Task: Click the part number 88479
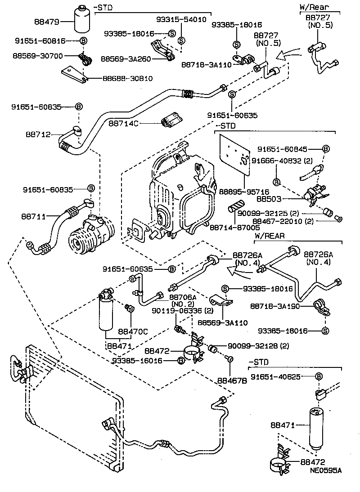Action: [x=46, y=21]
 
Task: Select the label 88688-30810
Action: [x=127, y=78]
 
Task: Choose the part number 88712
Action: [x=38, y=134]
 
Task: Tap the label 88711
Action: [x=33, y=216]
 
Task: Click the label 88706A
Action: [x=183, y=297]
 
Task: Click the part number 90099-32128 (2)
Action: [x=258, y=345]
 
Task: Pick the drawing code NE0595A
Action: [x=325, y=470]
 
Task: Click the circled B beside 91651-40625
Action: [x=319, y=376]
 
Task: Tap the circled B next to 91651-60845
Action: [x=326, y=149]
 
